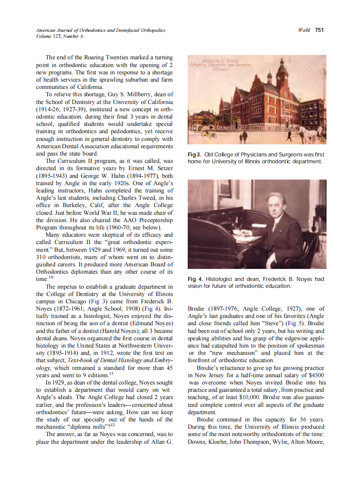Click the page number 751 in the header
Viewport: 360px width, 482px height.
319,30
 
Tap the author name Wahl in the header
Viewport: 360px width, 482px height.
304,30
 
